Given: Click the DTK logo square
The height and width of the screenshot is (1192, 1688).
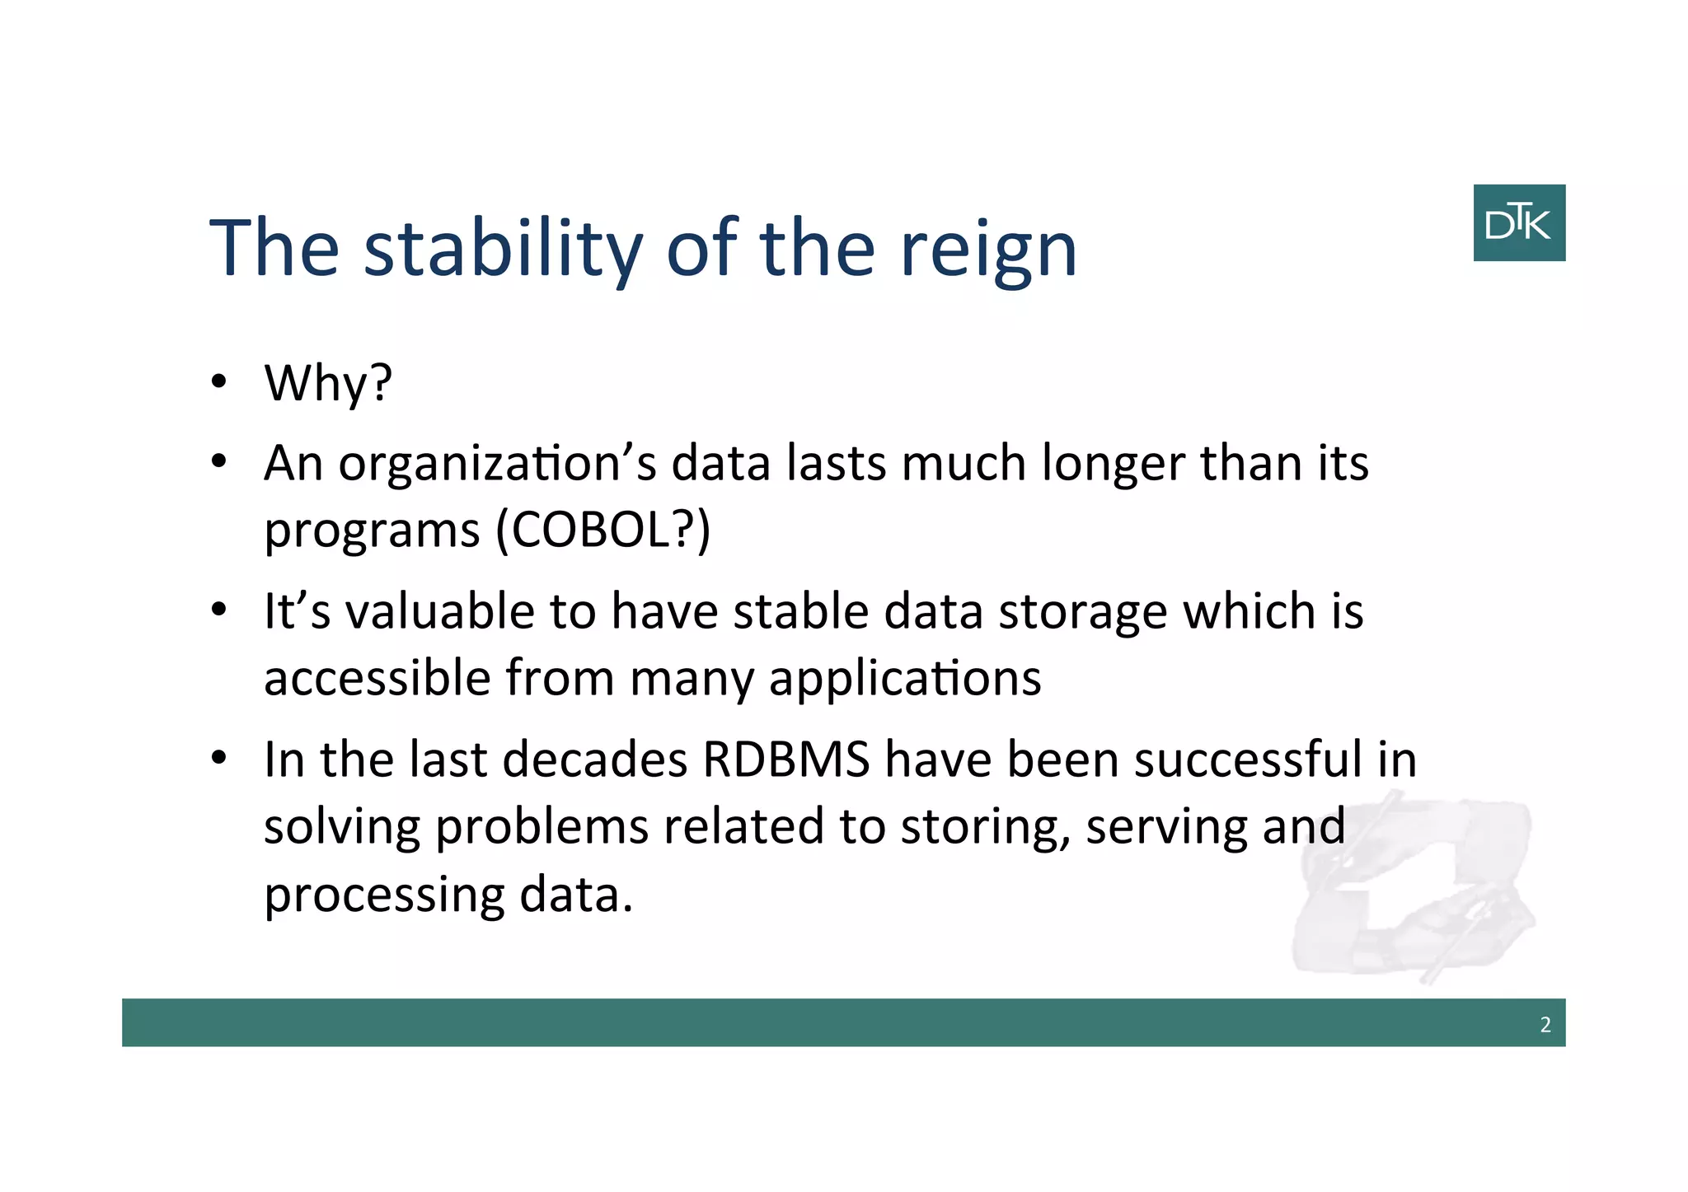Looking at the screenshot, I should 1518,222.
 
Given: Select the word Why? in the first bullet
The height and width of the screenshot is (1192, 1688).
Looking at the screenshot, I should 328,383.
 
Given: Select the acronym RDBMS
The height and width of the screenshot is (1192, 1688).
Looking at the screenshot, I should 785,760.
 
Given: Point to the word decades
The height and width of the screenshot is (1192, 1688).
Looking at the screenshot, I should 594,760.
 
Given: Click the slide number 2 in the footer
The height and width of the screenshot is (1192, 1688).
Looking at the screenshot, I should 1545,1025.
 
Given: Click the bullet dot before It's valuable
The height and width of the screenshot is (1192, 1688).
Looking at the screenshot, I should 218,611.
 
